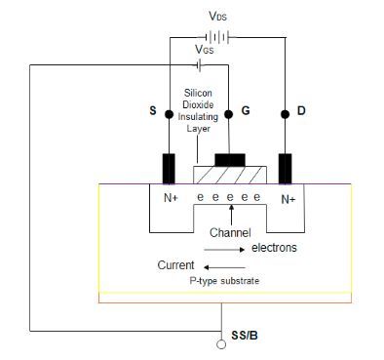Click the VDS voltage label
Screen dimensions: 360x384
(x=217, y=17)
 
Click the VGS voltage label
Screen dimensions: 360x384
(x=205, y=48)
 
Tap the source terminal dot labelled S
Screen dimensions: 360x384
(x=170, y=114)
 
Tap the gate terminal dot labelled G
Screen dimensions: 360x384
(x=229, y=114)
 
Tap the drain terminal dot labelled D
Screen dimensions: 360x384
(x=287, y=114)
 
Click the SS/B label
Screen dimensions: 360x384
(x=246, y=337)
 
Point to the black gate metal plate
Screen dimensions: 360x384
(x=230, y=159)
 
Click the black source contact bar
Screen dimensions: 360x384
(x=170, y=168)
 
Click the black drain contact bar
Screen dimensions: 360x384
(x=287, y=168)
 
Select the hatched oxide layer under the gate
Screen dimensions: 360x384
(x=229, y=176)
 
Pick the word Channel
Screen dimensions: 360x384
(x=230, y=233)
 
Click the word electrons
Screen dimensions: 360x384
(x=274, y=248)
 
